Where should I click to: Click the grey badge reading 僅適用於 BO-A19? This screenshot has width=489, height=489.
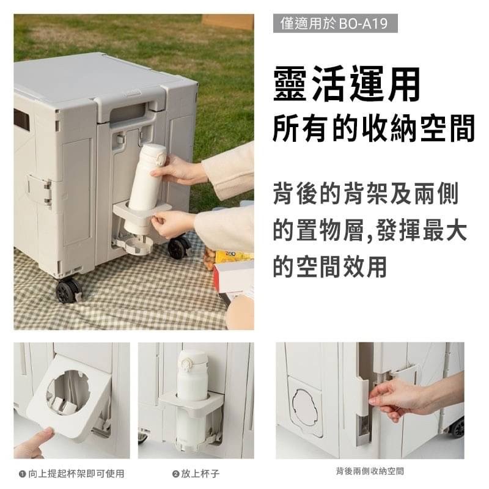click(x=335, y=23)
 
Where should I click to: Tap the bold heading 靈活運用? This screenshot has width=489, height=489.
click(x=347, y=84)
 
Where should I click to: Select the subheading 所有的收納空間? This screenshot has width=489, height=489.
click(x=373, y=128)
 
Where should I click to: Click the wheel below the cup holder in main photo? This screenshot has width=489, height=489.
click(x=178, y=248)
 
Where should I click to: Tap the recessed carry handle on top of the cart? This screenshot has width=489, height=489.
click(x=128, y=113)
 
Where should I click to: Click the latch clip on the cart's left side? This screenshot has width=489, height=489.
click(x=40, y=189)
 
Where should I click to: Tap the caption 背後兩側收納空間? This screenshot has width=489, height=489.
click(x=370, y=471)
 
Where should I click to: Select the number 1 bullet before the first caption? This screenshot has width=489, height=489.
click(x=22, y=474)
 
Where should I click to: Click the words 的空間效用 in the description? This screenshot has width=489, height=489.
click(x=330, y=267)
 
